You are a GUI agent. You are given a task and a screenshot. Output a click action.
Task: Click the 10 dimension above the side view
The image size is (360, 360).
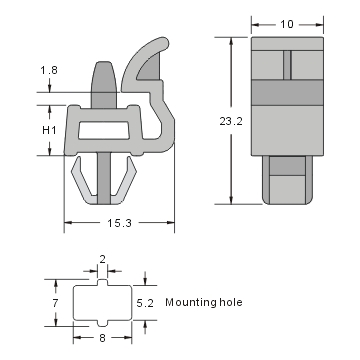tap(287, 23)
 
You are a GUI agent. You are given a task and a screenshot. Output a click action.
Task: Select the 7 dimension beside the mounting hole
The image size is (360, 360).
tap(58, 300)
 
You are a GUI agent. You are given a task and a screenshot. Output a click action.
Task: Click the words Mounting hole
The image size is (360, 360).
tap(205, 301)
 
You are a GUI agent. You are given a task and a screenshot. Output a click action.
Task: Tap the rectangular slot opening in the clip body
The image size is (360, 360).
tap(106, 128)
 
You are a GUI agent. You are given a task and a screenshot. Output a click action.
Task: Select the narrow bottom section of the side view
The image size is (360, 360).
tap(287, 180)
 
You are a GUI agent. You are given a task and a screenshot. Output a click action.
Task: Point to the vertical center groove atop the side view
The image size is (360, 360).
tap(287, 60)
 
